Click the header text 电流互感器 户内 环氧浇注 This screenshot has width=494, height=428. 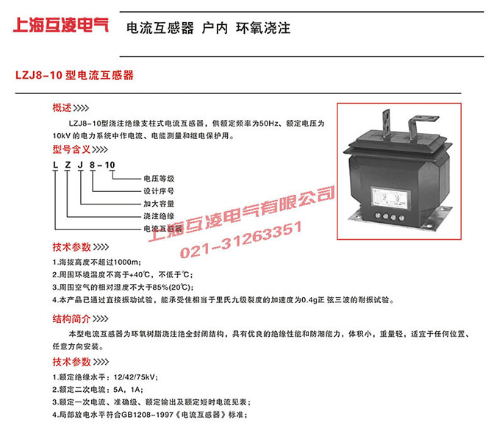209,29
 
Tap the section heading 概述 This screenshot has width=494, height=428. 63,107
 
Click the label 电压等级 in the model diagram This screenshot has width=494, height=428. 160,178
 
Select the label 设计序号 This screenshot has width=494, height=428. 160,191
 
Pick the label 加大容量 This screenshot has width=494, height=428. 160,204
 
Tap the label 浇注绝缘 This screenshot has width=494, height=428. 160,217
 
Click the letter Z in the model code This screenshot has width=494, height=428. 69,165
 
